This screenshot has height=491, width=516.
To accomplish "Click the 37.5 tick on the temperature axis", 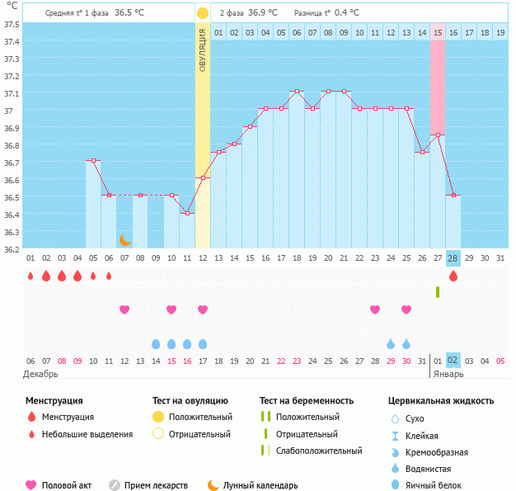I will (x=12, y=24).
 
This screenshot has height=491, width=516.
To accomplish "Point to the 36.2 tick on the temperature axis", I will (x=12, y=248).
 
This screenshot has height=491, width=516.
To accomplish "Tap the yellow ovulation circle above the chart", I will (x=203, y=13).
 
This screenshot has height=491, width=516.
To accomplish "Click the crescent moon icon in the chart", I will (x=124, y=240).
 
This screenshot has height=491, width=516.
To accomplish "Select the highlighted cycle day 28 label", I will (x=453, y=258).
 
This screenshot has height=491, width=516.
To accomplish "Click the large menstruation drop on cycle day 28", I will (x=453, y=276).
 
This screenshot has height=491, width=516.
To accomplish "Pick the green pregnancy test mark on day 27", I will (x=437, y=292).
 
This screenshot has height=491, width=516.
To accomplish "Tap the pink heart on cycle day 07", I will (x=124, y=309).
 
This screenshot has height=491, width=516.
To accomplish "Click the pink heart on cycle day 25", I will (x=406, y=309).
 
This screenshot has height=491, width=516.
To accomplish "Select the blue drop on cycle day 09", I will (x=156, y=343).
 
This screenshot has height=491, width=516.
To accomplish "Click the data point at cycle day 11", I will (x=187, y=214).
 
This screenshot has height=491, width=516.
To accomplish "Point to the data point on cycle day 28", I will (x=453, y=196).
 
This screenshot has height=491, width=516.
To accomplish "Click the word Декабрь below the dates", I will (x=42, y=374).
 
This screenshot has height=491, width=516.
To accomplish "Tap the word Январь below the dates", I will (x=448, y=374).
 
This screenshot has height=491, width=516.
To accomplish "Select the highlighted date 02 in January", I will (x=453, y=361).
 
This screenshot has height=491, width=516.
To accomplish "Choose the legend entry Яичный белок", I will (x=432, y=485).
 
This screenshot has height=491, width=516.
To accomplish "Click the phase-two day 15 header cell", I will (x=437, y=32).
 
